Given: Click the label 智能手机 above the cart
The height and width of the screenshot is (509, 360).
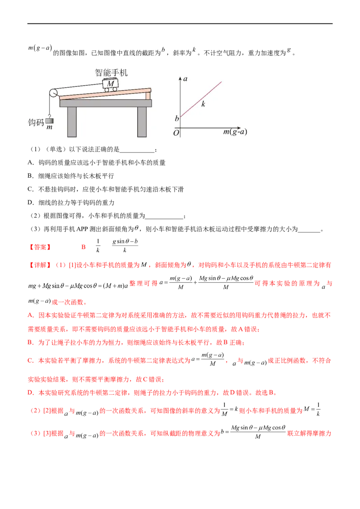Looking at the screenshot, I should (x=111, y=72).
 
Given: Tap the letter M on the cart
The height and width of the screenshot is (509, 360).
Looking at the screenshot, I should (x=111, y=83).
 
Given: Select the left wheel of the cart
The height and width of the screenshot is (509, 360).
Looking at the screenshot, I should (x=107, y=89).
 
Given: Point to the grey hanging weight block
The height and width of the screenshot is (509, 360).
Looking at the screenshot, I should (x=49, y=120).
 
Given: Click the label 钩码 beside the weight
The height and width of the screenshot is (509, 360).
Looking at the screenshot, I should (x=35, y=122).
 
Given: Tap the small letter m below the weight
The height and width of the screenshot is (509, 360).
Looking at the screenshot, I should (x=49, y=128).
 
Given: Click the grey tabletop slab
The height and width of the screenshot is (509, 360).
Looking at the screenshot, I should (x=106, y=103).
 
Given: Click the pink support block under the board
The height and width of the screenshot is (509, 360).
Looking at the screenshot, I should (x=148, y=95).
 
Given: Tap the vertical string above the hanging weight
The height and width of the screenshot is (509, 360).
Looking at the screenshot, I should (x=49, y=107).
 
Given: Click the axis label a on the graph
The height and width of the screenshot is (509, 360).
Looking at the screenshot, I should (x=185, y=79).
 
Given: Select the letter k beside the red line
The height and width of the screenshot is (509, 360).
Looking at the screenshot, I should (x=203, y=104).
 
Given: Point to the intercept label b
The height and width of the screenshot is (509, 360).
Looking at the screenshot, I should (x=177, y=119).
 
